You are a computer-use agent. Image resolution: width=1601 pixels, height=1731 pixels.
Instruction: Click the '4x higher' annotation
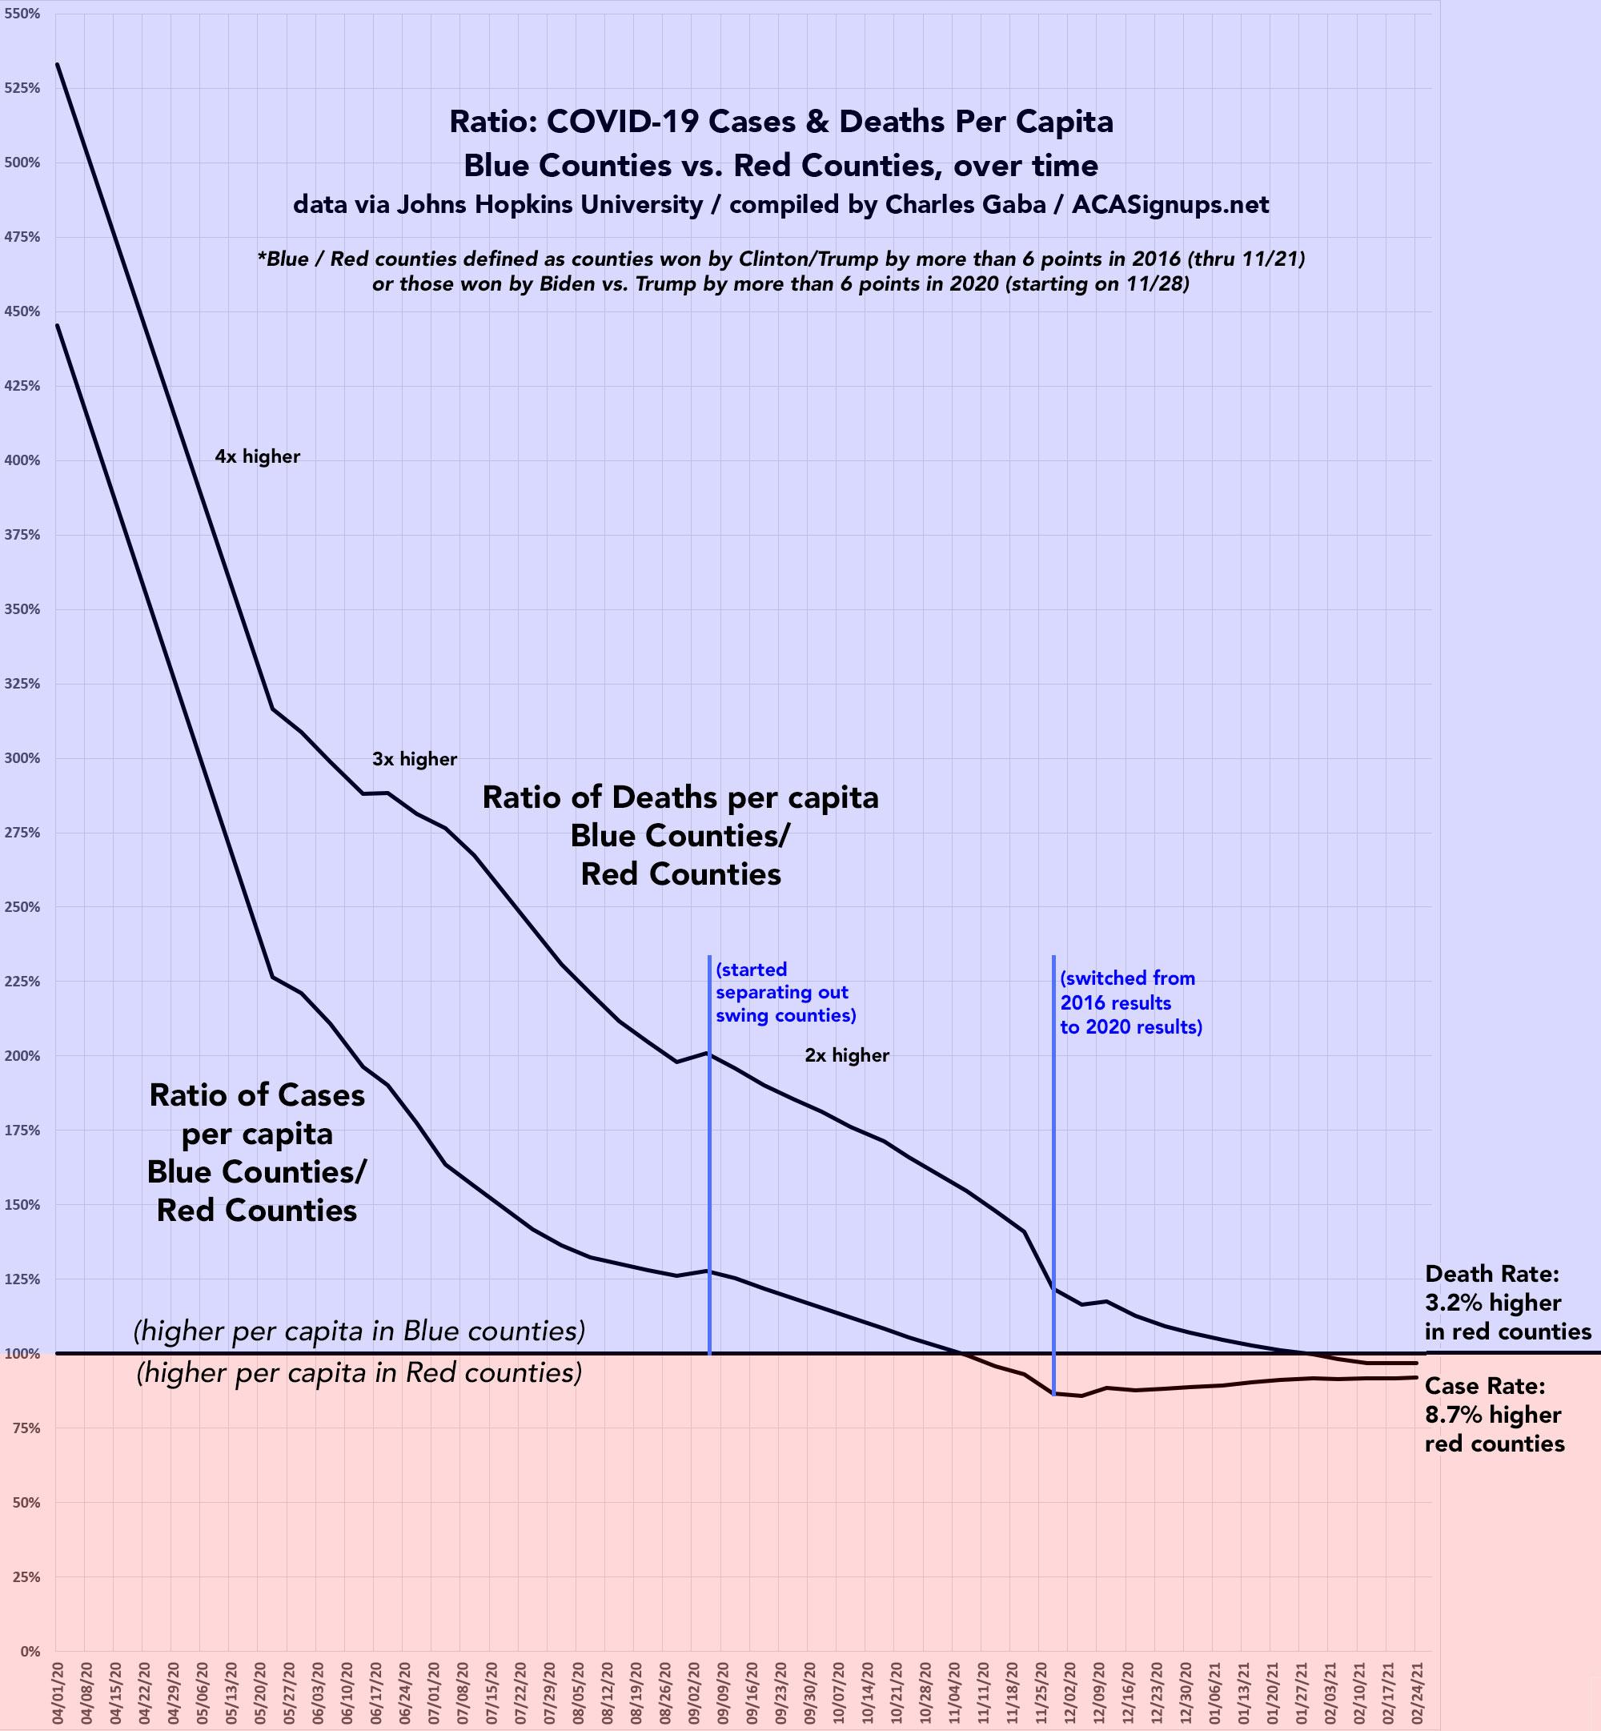tap(257, 456)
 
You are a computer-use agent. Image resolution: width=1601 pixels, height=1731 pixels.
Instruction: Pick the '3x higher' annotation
tap(414, 759)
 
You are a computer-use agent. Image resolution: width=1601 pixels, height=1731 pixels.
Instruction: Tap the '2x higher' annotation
tap(846, 1055)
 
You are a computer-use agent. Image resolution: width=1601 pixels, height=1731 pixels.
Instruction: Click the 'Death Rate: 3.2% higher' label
tap(1507, 1302)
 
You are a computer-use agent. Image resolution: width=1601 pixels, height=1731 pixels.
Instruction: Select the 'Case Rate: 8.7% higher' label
tap(1495, 1415)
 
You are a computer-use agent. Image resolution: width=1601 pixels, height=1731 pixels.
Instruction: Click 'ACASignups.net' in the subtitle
tap(1170, 204)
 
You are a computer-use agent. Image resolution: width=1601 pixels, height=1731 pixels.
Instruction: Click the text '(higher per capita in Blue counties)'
tap(359, 1331)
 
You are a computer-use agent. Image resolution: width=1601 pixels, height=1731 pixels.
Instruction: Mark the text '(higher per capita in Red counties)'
tap(359, 1373)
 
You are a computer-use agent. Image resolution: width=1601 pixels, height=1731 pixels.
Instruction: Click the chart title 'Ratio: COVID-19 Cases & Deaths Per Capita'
tap(780, 121)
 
